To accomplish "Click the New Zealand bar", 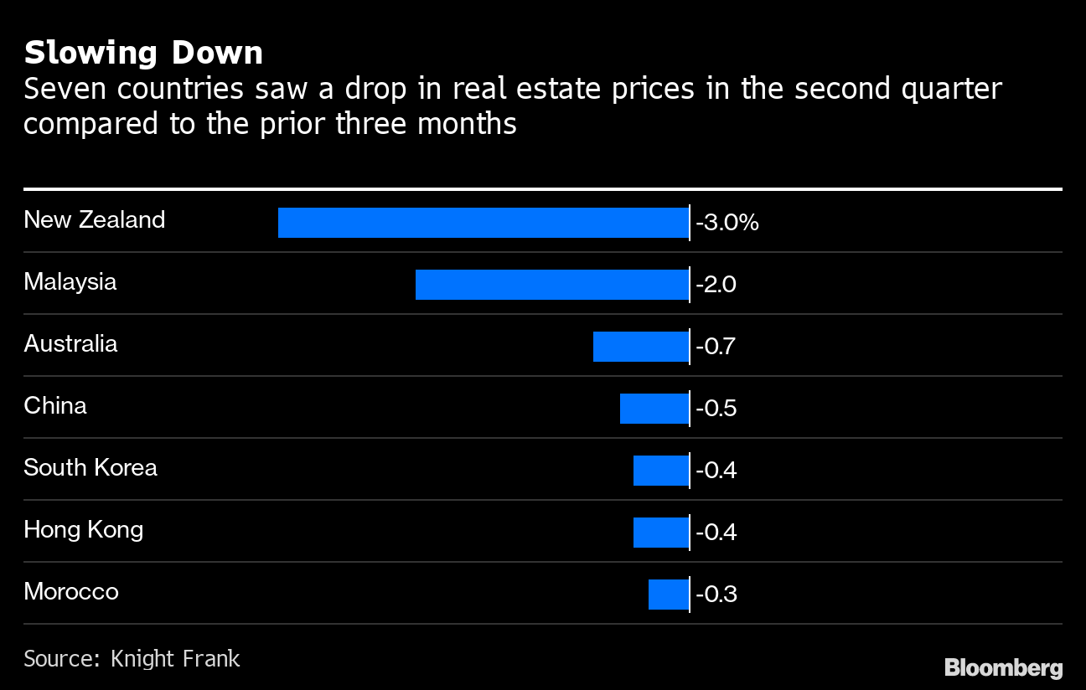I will (x=484, y=223).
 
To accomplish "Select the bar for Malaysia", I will (x=552, y=285).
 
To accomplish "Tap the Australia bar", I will (x=641, y=347).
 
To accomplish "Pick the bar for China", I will (x=654, y=409).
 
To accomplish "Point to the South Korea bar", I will (x=661, y=471).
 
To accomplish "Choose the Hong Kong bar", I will (x=661, y=533).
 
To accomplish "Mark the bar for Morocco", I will (x=669, y=595).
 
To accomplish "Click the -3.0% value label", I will (x=727, y=223).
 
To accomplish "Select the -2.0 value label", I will (x=716, y=285).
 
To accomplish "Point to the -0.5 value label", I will (x=716, y=409).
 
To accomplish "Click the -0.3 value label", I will (x=716, y=595).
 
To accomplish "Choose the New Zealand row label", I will (x=95, y=220).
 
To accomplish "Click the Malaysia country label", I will (x=70, y=282).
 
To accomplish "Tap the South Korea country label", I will (x=90, y=467).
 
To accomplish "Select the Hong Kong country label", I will (x=84, y=530).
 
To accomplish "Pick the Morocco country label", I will (x=71, y=592).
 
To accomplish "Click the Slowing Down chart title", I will (x=143, y=53).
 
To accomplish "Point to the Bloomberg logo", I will (x=1003, y=667).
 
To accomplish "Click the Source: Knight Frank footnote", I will (x=132, y=659).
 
